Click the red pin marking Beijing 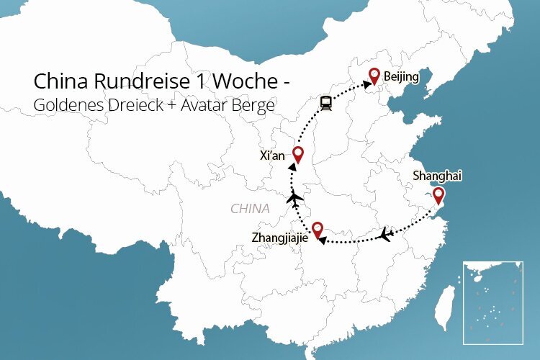tap(374, 76)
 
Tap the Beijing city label tap(401, 76)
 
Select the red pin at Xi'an tap(298, 153)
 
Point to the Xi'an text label tap(274, 156)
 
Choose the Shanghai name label tap(436, 175)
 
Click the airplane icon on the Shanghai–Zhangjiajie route tap(387, 233)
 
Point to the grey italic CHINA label tap(250, 209)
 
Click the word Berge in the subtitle tap(253, 105)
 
